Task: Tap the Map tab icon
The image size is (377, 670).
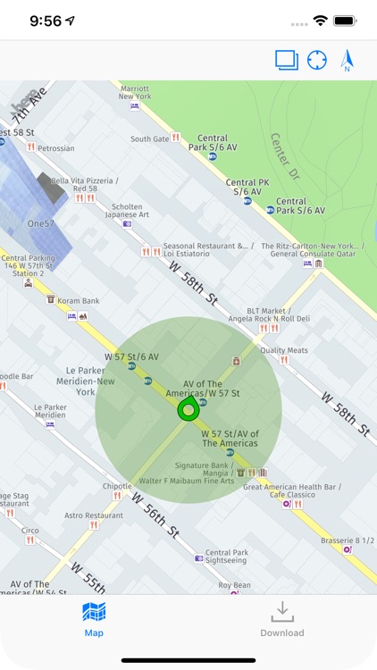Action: click(94, 613)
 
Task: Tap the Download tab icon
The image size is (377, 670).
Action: click(282, 613)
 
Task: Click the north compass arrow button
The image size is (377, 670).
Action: click(348, 60)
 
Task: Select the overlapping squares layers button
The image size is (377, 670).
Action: click(286, 60)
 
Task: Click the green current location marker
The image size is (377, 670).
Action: click(188, 410)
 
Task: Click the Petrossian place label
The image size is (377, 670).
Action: click(55, 148)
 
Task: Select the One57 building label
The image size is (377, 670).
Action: click(42, 223)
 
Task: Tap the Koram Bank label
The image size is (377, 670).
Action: click(76, 301)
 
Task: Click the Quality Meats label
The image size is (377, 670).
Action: click(283, 350)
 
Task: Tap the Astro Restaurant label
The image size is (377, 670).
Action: click(93, 515)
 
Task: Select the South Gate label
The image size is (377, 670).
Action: click(148, 138)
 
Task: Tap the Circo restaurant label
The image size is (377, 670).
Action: click(29, 530)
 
